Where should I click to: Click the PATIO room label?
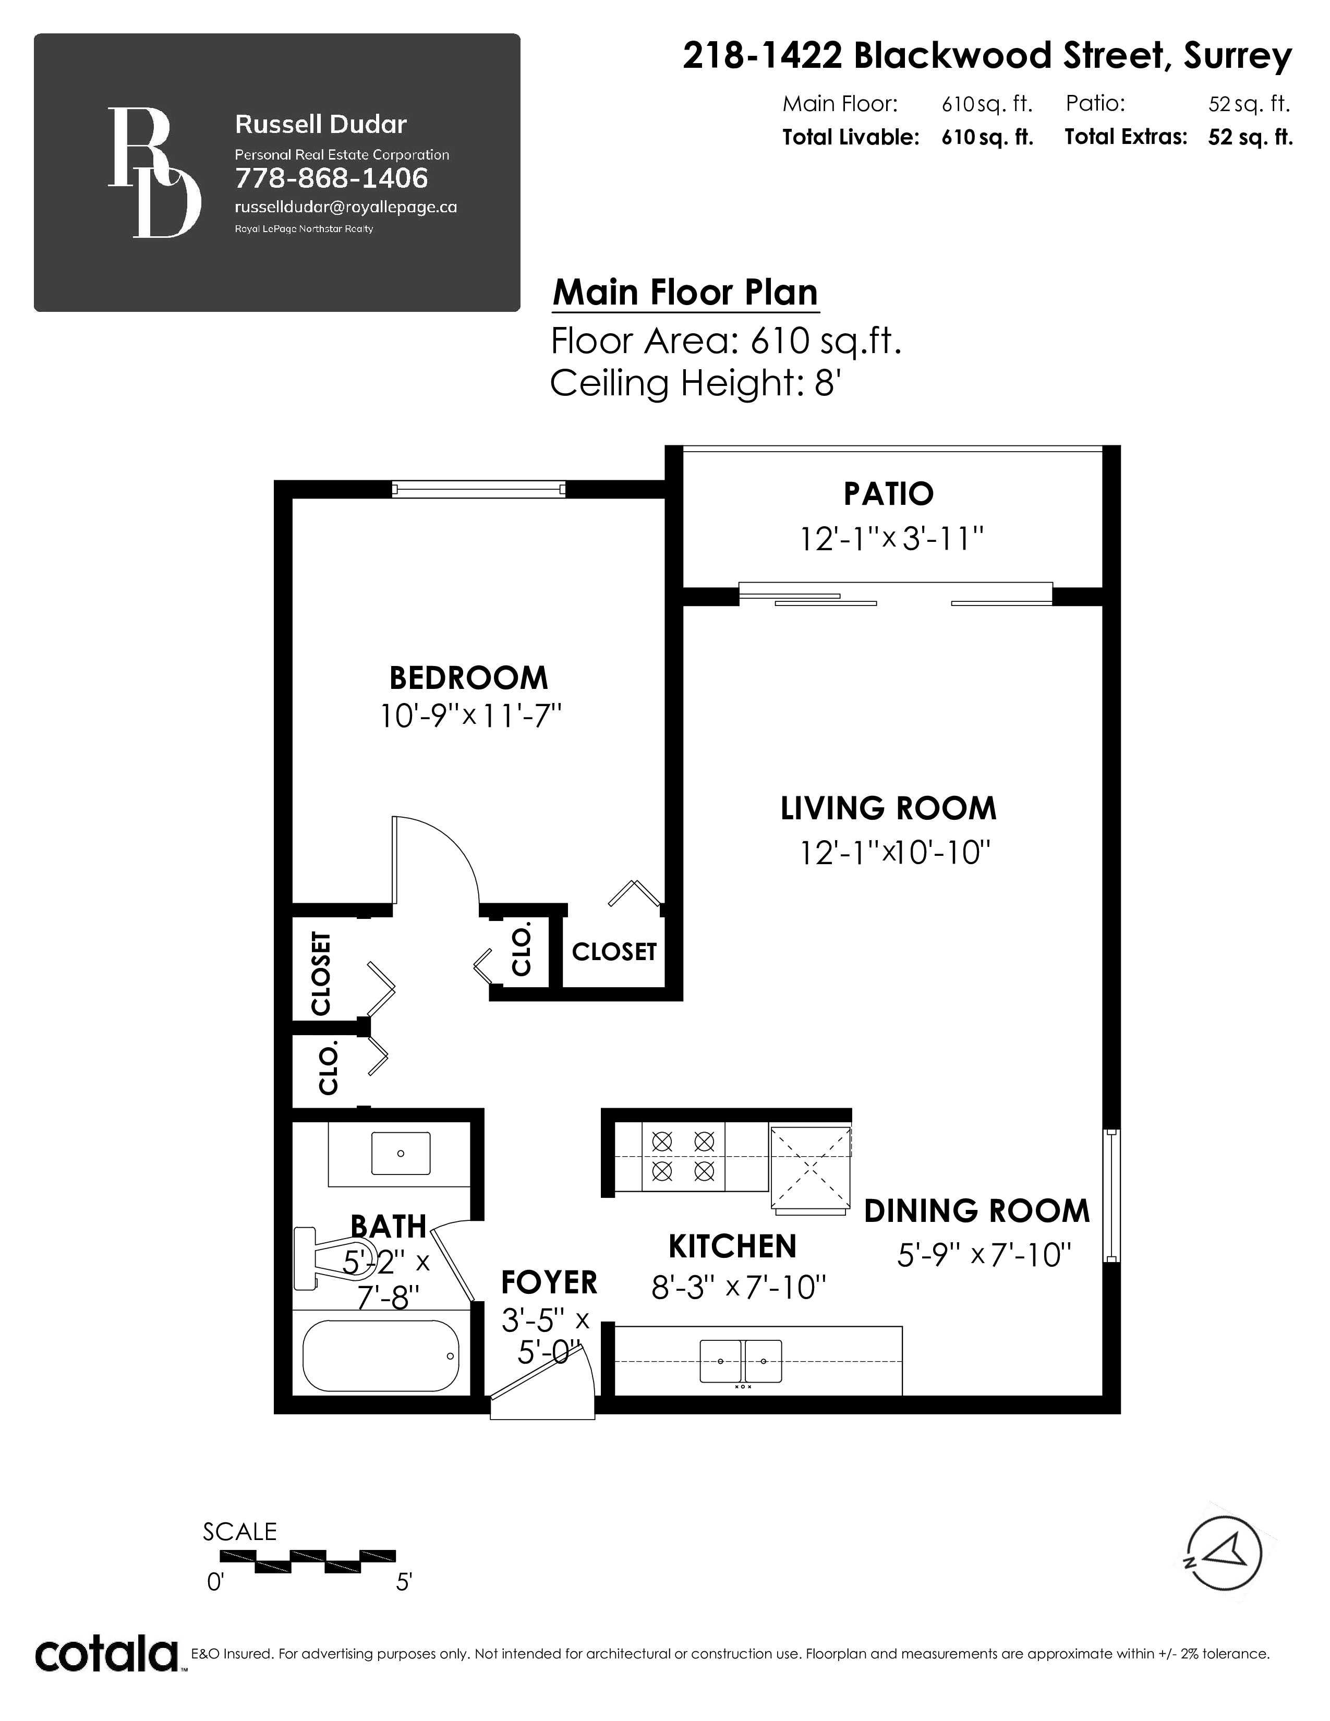point(888,494)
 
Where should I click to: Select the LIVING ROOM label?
point(888,808)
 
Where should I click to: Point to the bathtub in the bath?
point(381,1355)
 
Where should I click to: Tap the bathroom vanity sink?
point(401,1154)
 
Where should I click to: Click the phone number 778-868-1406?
point(332,178)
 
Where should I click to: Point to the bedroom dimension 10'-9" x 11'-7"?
point(470,717)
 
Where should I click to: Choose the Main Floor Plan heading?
point(685,293)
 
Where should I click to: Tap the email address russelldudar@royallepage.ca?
point(346,207)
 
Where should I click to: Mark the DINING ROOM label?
point(977,1211)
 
